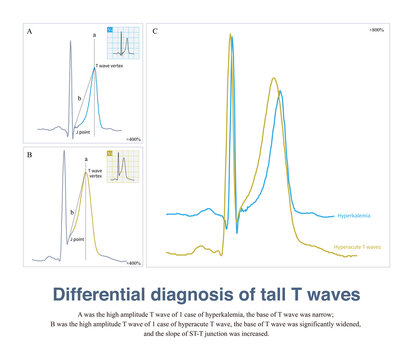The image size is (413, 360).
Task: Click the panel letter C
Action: tap(155, 33)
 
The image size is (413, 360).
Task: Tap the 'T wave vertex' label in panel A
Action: tap(110, 66)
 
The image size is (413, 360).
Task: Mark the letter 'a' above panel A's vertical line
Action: tap(95, 35)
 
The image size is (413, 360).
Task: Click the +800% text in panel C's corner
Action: tap(387, 32)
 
